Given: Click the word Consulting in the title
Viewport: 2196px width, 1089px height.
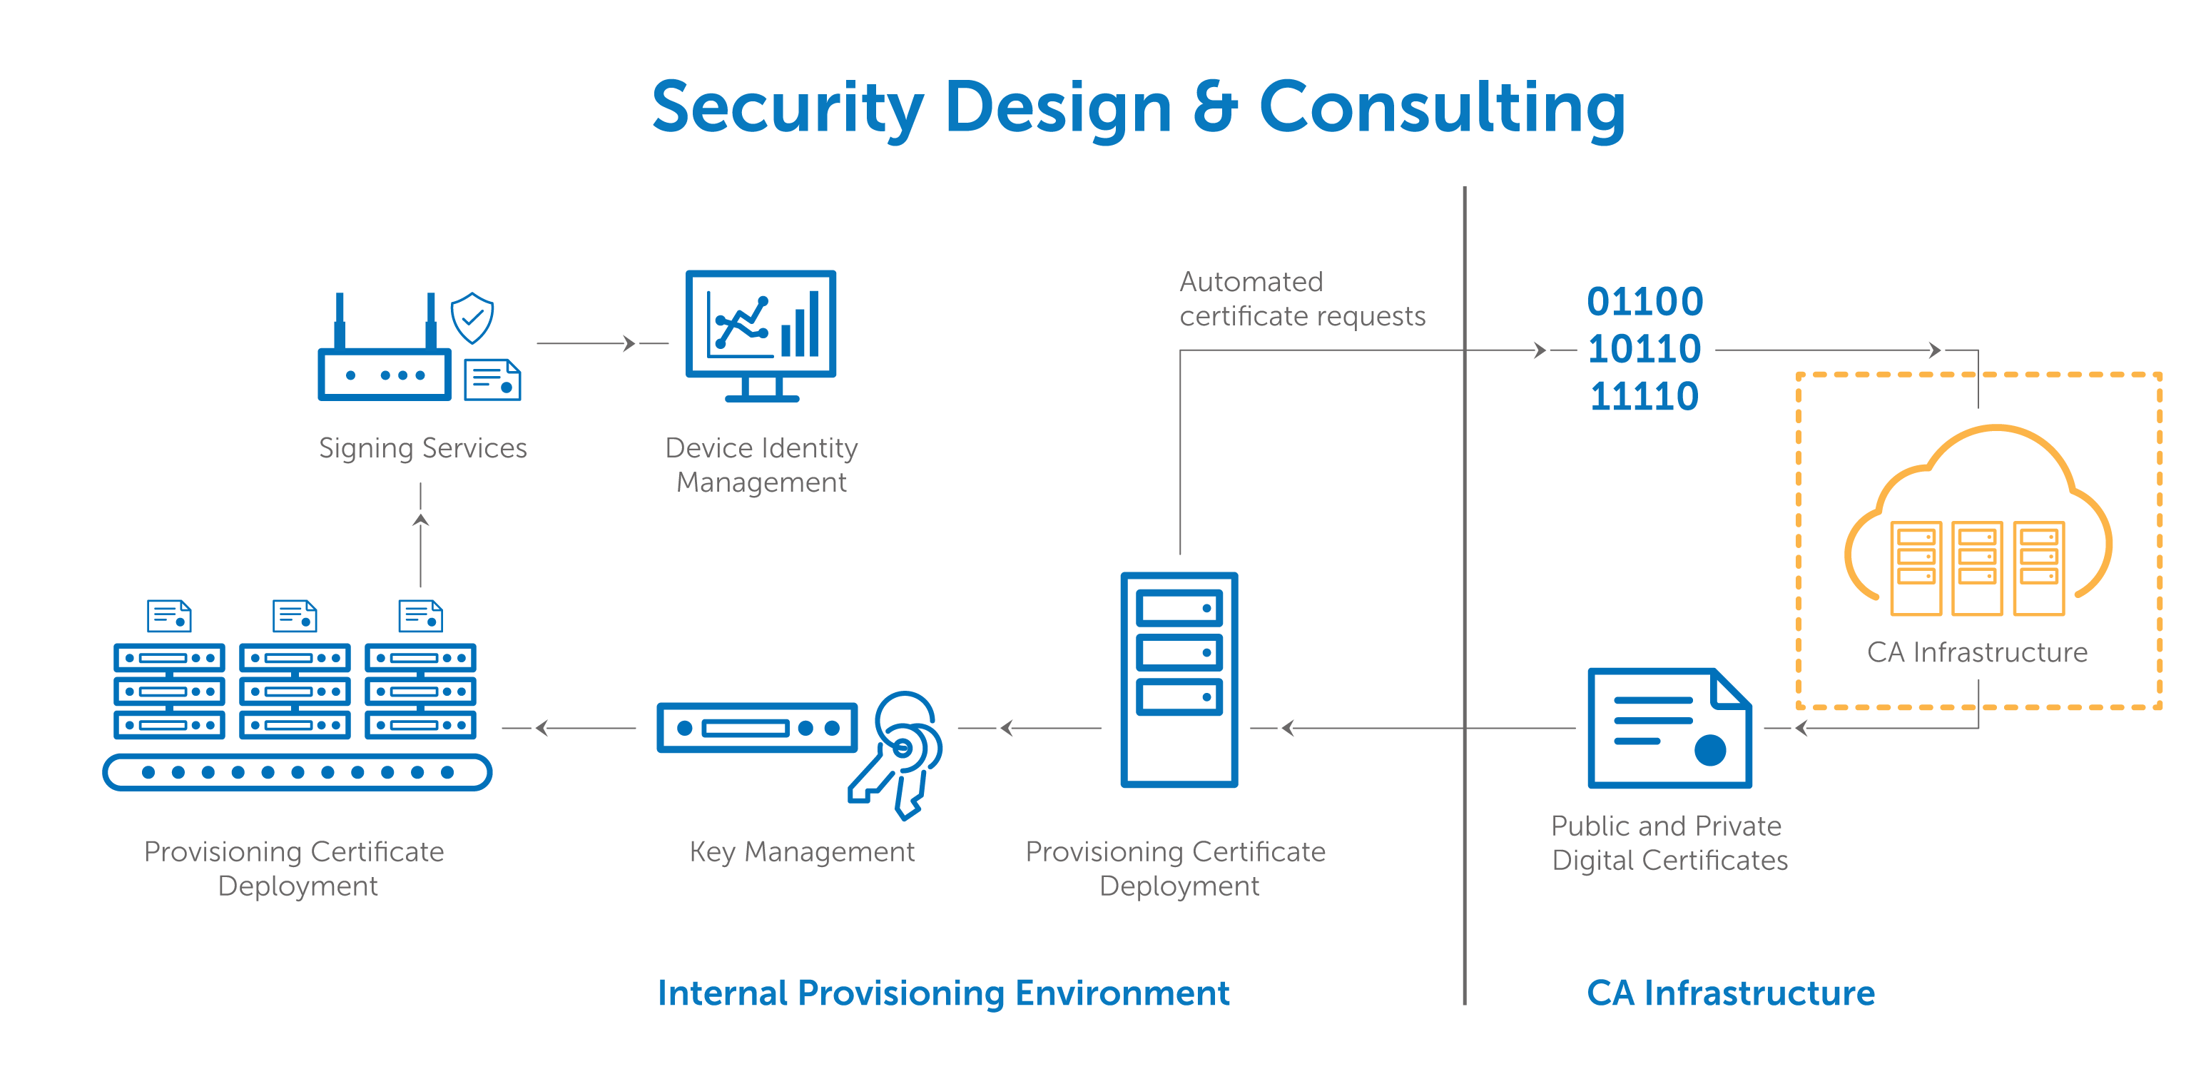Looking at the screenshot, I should pos(1442,108).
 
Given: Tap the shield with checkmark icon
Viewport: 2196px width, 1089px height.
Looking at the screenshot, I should pos(472,318).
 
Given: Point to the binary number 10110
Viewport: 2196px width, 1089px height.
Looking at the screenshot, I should pos(1644,349).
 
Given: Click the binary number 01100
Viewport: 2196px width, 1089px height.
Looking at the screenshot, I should pos(1645,302).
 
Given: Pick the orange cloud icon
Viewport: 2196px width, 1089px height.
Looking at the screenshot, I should pos(1978,520).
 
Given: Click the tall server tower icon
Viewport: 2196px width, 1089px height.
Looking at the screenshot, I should pos(1179,679).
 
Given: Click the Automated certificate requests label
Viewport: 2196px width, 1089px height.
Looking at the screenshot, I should pos(1302,298).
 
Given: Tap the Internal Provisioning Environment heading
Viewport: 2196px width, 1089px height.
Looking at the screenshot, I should pos(943,993).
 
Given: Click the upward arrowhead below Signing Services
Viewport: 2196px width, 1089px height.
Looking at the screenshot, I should pos(420,521).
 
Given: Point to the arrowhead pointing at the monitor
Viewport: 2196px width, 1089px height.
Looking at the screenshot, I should pos(629,344).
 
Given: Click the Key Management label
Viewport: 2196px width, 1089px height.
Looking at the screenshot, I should pos(801,851).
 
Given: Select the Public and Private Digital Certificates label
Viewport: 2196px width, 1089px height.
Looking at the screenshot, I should pos(1668,843).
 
